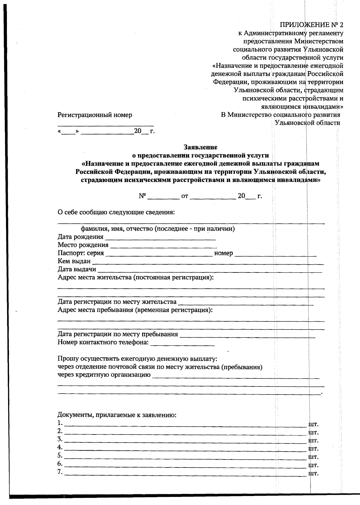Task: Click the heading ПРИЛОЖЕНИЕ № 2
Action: tap(311, 25)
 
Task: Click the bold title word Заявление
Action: tap(200, 147)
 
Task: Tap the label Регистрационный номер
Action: tap(95, 115)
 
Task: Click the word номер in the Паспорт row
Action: tap(223, 253)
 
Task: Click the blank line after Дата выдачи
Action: tap(210, 271)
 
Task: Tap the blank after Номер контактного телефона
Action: tap(182, 344)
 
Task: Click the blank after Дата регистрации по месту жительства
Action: tap(246, 303)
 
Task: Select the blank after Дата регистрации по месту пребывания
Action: tap(247, 336)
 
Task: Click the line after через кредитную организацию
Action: tap(235, 377)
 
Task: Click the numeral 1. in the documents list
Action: tap(60, 423)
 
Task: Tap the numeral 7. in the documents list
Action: tap(60, 472)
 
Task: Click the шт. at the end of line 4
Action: tap(313, 449)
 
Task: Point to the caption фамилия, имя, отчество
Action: tap(158, 229)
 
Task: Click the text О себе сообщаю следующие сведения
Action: tap(116, 212)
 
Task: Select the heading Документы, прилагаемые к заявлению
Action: tap(117, 415)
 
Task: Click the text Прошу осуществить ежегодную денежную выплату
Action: tap(137, 359)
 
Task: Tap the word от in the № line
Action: tap(185, 196)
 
